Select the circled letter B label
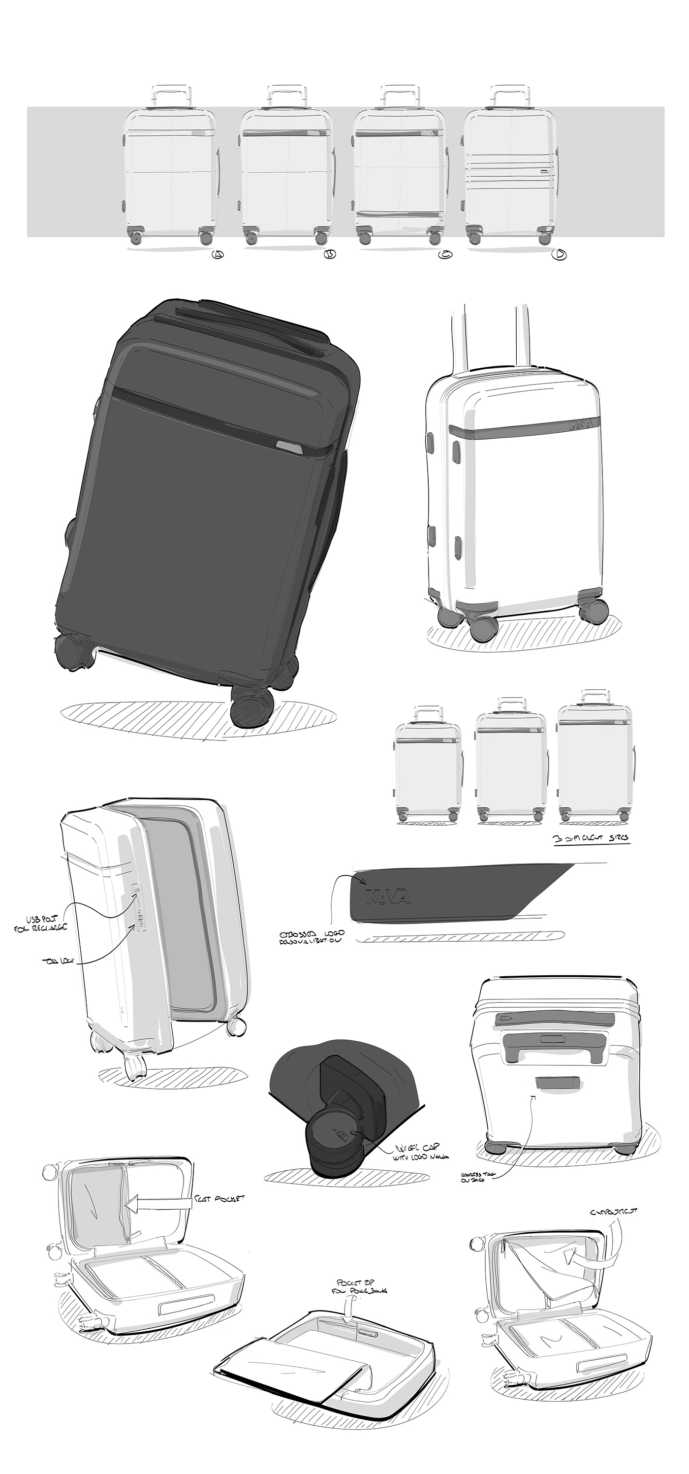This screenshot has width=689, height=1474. [x=330, y=255]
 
